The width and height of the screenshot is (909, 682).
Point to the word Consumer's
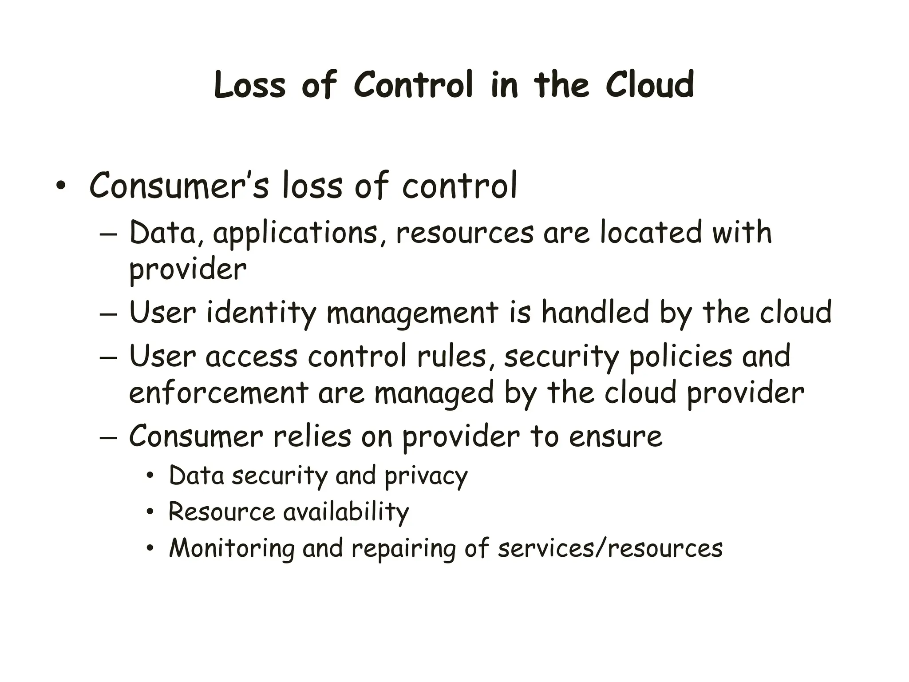[x=179, y=186]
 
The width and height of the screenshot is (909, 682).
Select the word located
[x=651, y=233]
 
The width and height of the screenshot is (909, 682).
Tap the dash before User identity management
[x=108, y=314]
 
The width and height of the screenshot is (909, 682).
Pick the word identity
[x=261, y=313]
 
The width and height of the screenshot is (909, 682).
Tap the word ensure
[x=615, y=437]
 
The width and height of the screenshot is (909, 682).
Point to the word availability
[x=346, y=512]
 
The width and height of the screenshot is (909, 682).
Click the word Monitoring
[x=232, y=549]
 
